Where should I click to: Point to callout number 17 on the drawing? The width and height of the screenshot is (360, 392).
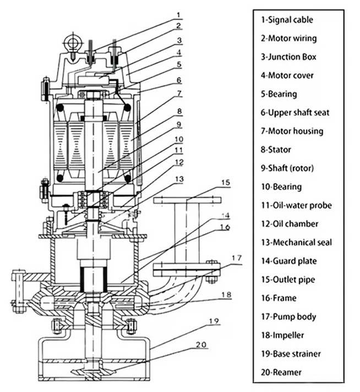236,257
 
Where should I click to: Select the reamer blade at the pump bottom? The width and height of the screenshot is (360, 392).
91,374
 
